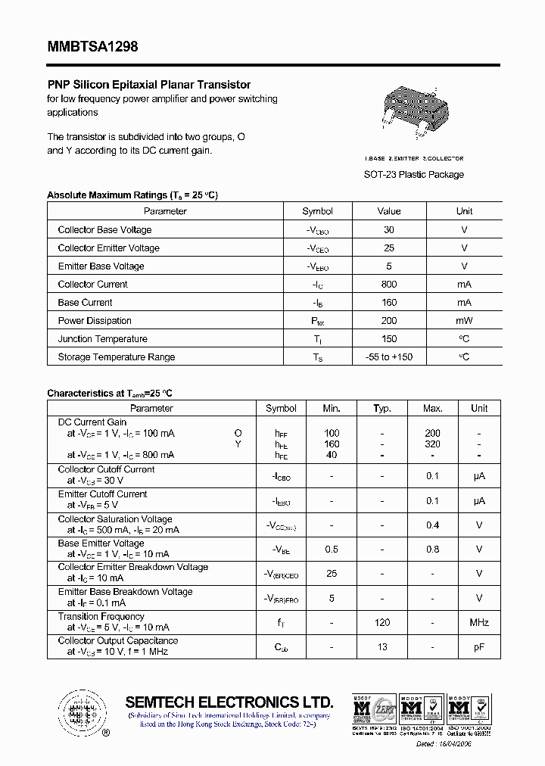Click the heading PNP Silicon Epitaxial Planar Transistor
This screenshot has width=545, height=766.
point(148,85)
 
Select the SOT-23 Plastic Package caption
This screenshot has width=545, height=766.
point(414,175)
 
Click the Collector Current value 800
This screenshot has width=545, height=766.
point(389,285)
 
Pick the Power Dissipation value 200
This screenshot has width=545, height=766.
point(389,321)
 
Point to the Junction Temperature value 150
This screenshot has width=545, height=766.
point(389,339)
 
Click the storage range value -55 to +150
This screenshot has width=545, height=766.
point(389,357)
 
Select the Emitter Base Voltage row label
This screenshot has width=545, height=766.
point(101,266)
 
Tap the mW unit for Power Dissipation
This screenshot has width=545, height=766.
point(464,321)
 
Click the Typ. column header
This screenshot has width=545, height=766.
point(382,409)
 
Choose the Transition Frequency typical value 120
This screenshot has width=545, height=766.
point(382,623)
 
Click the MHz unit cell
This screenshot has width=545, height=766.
point(479,623)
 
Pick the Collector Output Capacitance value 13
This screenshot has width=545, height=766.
point(382,647)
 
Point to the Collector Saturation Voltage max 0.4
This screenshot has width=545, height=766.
point(432,525)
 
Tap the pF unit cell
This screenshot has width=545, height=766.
point(479,647)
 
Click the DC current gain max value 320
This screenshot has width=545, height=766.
point(432,444)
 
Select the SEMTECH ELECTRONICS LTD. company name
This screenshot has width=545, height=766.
point(229,701)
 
